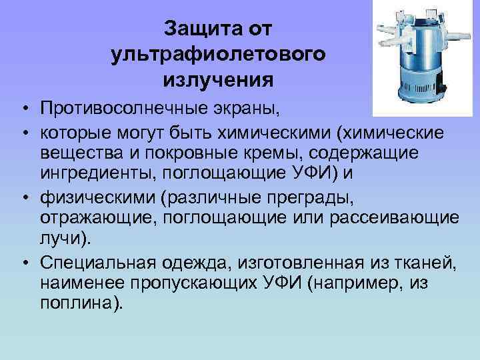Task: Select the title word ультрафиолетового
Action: [x=218, y=55]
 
